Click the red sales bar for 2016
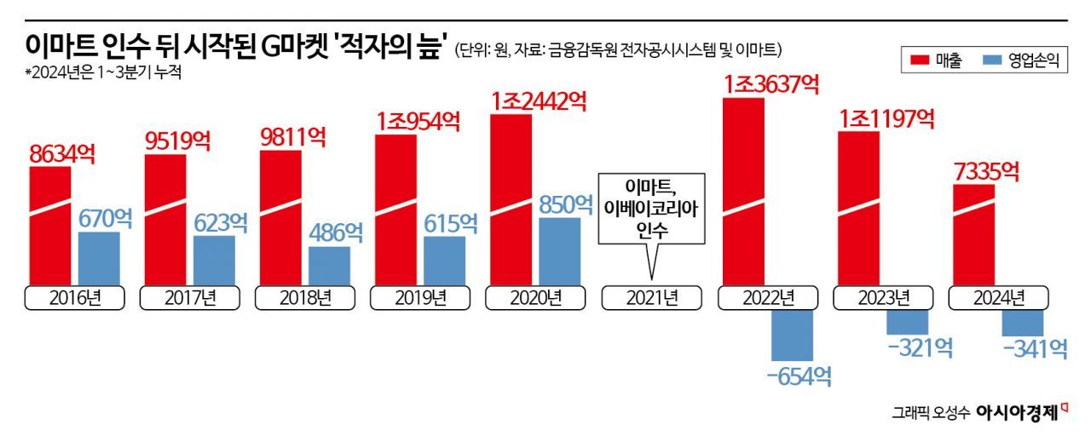tap(50, 226)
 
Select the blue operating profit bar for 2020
tap(559, 251)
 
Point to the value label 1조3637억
tap(771, 84)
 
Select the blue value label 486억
tap(329, 231)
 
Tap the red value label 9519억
tap(177, 140)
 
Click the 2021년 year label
tap(651, 298)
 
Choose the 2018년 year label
tap(305, 298)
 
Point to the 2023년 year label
tap(882, 298)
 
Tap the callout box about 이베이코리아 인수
tap(652, 209)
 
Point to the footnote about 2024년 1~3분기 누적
tap(103, 72)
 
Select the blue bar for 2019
tap(444, 261)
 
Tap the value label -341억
tap(1035, 348)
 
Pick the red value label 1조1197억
tap(886, 118)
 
